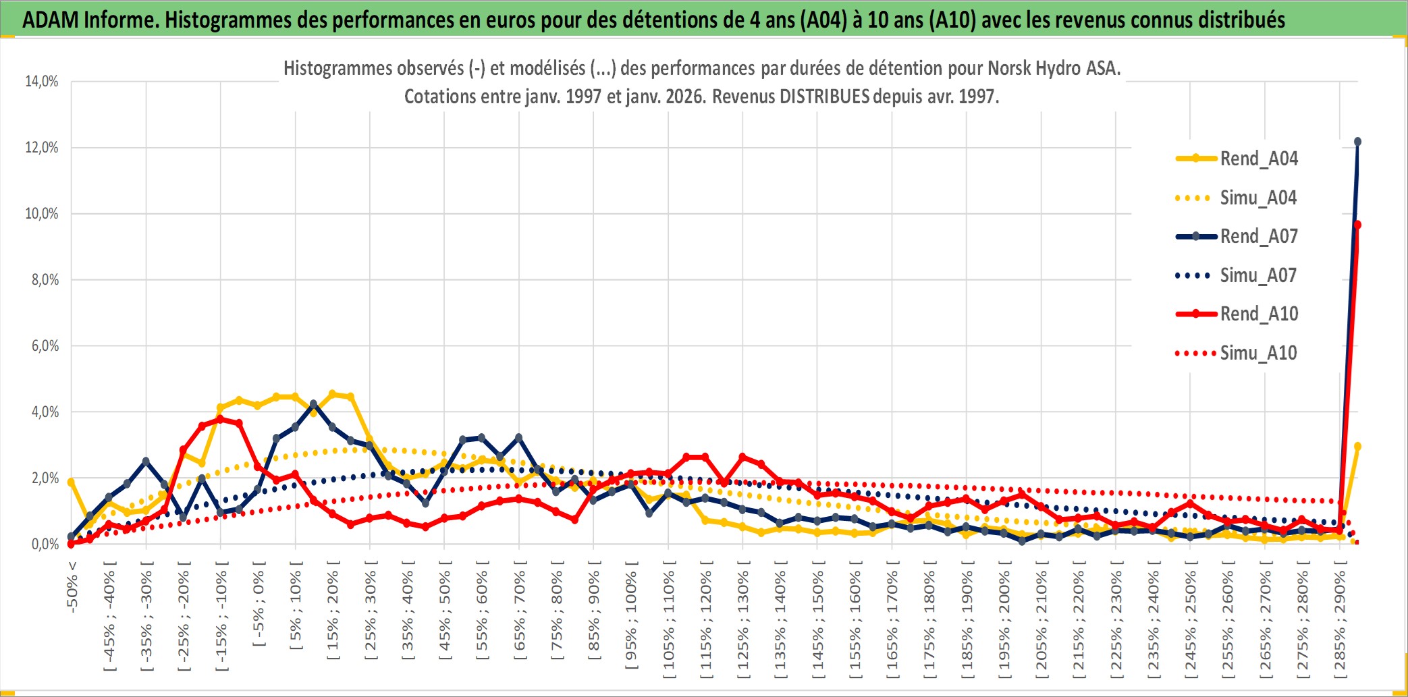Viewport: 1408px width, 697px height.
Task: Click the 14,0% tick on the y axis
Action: tap(42, 82)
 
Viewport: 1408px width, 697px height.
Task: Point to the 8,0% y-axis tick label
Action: tap(45, 280)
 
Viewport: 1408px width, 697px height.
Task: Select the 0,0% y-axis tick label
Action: tap(45, 545)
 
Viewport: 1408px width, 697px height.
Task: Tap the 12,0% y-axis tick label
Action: tap(42, 148)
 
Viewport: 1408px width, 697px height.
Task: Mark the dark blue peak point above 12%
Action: tap(1357, 142)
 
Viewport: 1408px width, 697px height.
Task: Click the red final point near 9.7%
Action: tap(1357, 225)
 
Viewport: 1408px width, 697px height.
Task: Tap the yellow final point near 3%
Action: tap(1357, 446)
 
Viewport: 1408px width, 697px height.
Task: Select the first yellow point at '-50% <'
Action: tap(71, 482)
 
